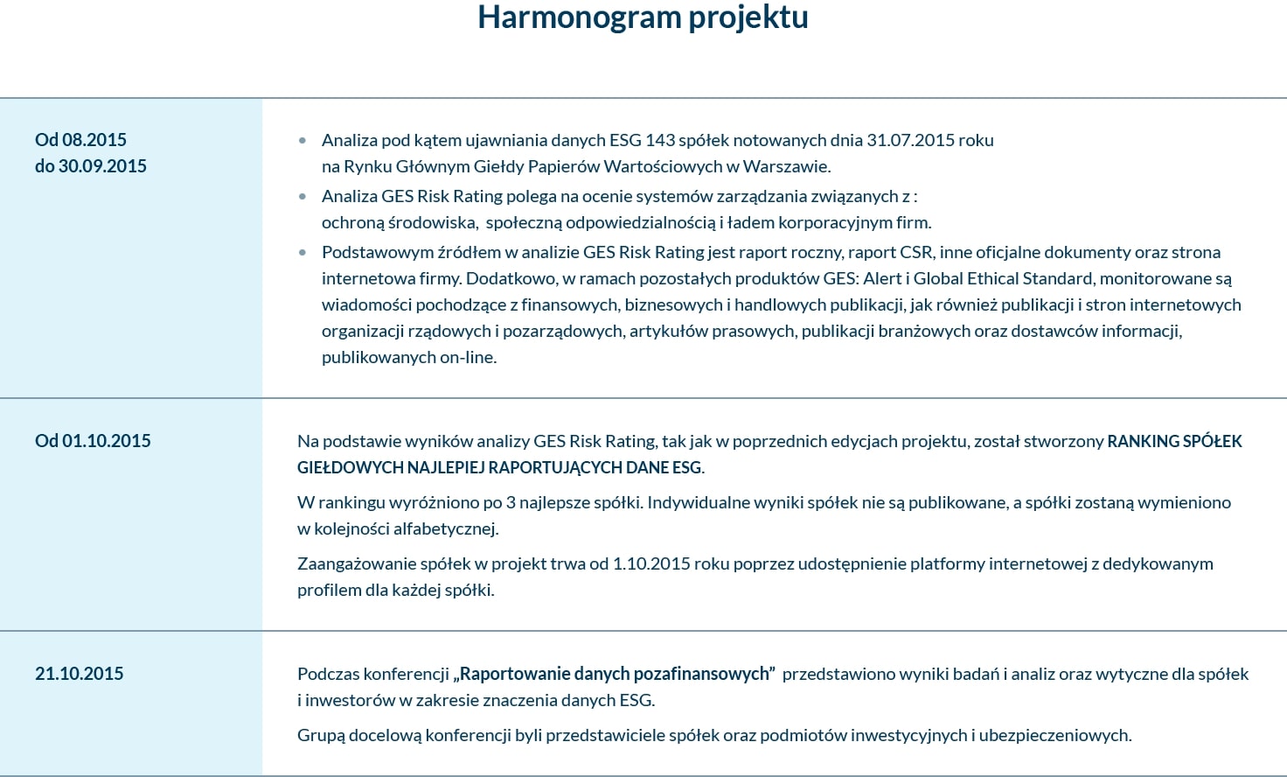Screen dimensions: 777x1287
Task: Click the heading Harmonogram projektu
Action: (643, 17)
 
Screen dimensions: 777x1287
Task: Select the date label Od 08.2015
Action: (80, 140)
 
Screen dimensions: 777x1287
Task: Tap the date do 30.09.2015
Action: (91, 166)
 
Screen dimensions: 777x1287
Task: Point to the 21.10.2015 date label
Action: (79, 674)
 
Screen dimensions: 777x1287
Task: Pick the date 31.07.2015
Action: (910, 140)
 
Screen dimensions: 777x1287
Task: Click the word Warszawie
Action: (786, 166)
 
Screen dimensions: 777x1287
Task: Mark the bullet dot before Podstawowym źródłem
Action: (303, 253)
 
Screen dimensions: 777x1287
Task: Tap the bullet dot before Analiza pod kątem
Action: (303, 140)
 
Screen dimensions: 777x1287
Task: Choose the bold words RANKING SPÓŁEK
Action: (1174, 441)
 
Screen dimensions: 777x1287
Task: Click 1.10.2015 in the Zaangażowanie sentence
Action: (651, 563)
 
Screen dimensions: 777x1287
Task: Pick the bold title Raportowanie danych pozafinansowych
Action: (615, 674)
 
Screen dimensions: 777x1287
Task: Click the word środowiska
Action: (431, 222)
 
